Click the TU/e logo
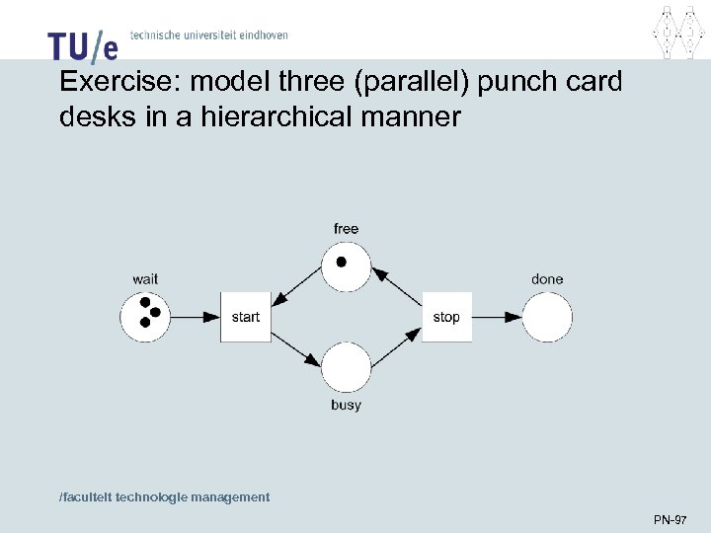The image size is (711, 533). tap(82, 44)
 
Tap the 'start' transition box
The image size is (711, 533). tap(246, 317)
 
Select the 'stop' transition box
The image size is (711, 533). tap(446, 317)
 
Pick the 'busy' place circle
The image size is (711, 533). tap(346, 367)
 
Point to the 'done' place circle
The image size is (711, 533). tap(547, 317)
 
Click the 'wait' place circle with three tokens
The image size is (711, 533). tap(145, 317)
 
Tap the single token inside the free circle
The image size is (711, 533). tap(342, 263)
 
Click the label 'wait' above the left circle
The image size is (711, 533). tap(145, 279)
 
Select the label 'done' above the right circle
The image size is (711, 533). tap(547, 279)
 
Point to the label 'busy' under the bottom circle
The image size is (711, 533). tap(346, 406)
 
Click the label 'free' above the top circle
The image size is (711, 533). tap(346, 229)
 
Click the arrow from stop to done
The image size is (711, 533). tap(497, 317)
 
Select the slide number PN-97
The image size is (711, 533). tap(671, 519)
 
